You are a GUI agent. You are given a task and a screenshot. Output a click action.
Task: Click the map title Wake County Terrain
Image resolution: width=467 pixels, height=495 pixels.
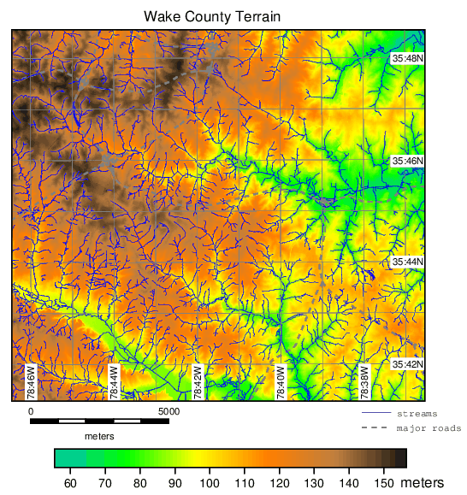[x=212, y=16]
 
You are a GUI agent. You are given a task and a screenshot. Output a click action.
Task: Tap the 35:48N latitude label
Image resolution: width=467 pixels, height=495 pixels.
[x=407, y=58]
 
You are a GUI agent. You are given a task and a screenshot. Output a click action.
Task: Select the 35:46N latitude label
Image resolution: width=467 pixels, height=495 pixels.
[x=407, y=161]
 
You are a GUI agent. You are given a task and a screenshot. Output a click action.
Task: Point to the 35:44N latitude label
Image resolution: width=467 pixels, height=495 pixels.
[x=407, y=262]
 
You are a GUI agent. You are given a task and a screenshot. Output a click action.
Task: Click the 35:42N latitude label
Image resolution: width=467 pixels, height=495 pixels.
[x=407, y=364]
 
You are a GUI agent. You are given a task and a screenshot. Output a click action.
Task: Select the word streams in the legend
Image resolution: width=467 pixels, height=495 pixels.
[x=415, y=414]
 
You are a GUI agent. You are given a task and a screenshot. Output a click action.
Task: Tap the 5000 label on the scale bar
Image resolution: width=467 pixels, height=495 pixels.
[x=168, y=411]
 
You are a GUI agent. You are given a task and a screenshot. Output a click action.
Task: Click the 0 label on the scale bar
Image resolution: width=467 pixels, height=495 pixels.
[x=31, y=411]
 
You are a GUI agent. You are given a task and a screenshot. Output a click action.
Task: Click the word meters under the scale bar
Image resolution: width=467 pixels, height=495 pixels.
[x=99, y=435]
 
